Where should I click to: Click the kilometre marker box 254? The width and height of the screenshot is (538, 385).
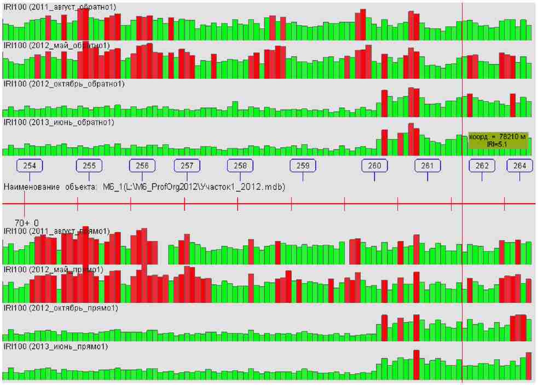(30, 165)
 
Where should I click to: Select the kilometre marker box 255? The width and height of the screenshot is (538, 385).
(89, 165)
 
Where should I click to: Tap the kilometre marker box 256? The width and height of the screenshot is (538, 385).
(142, 165)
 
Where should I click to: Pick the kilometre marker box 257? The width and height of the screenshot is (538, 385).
(187, 165)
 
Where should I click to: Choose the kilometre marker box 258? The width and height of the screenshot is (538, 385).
(240, 165)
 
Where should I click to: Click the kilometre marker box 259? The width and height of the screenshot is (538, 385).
(303, 165)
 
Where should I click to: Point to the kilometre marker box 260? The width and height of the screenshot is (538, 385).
(374, 165)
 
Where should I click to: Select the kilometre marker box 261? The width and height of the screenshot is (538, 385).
(427, 165)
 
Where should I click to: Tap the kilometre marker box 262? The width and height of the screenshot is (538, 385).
(482, 165)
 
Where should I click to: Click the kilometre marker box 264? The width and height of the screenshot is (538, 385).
(519, 165)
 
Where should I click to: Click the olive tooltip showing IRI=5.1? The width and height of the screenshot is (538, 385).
(498, 140)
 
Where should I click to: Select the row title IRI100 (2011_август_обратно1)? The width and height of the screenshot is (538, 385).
(60, 7)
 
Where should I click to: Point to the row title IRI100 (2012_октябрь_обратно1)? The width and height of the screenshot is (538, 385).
(64, 84)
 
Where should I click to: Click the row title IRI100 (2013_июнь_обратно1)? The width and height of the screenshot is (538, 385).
(59, 123)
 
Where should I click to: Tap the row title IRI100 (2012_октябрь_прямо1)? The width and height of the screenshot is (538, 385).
(61, 308)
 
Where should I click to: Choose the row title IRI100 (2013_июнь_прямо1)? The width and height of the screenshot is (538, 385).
(56, 347)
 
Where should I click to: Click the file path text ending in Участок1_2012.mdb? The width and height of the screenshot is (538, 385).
(194, 187)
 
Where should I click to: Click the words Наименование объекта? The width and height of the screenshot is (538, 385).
(50, 187)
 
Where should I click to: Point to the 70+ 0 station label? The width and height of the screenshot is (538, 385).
(26, 223)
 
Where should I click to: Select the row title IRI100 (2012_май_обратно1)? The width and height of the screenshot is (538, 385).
(56, 45)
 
